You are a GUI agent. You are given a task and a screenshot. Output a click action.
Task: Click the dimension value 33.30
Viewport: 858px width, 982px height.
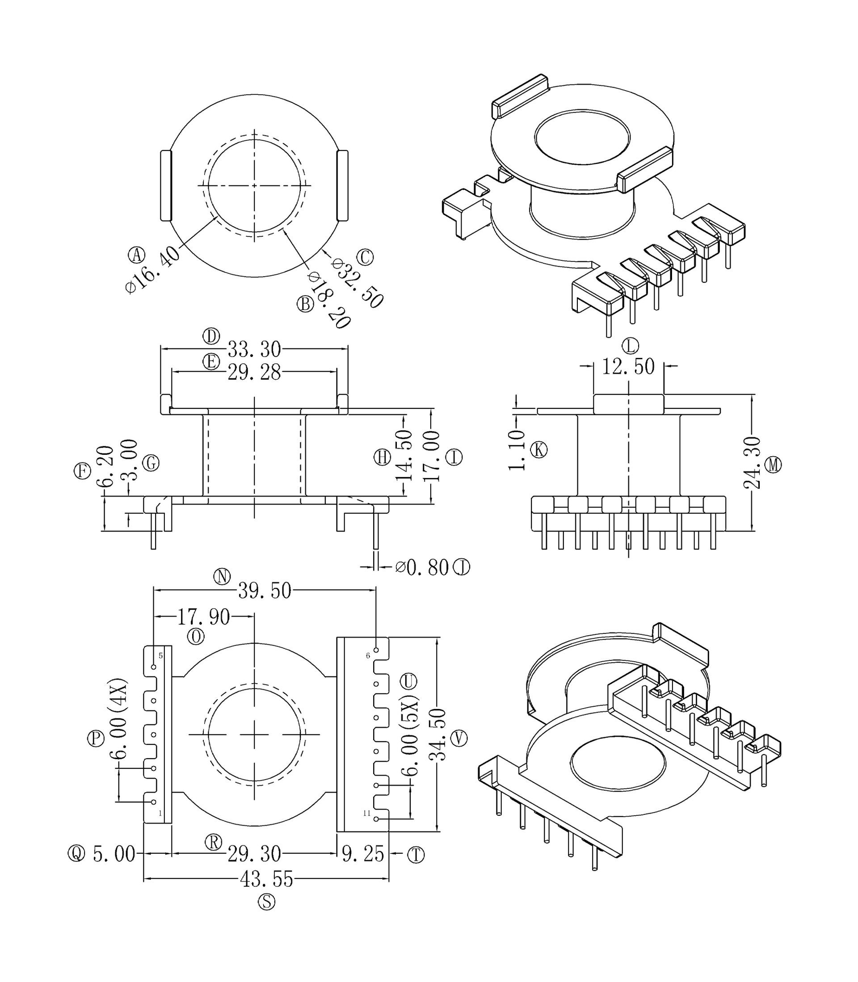(254, 349)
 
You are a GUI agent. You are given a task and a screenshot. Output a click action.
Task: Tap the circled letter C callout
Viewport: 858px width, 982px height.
(365, 257)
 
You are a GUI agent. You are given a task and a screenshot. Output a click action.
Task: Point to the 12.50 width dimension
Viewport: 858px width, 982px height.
(628, 367)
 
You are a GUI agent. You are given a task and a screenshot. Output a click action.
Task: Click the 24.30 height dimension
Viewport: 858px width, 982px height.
(752, 462)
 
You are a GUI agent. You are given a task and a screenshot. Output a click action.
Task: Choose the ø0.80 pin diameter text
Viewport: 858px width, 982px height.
(422, 568)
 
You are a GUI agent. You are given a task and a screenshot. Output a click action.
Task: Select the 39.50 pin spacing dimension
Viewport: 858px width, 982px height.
(265, 591)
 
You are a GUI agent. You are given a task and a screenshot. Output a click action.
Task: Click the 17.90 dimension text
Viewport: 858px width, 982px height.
(203, 617)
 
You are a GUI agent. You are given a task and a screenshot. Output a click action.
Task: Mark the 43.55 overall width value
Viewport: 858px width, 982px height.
(266, 880)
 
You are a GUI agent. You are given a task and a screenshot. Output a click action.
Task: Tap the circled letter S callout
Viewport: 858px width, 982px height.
(267, 902)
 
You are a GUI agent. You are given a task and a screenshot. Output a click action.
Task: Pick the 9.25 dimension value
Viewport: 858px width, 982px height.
(363, 854)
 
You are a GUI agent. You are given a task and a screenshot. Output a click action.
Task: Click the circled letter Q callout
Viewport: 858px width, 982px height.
(76, 853)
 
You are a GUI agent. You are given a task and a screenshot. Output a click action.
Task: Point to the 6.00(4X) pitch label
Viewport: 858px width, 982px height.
(119, 719)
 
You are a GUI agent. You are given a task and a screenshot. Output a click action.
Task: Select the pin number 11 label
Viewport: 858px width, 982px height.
(367, 814)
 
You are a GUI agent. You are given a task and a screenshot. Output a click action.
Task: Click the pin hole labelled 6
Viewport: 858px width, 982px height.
(376, 650)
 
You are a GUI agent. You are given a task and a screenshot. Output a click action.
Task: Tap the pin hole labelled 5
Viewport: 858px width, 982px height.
(154, 667)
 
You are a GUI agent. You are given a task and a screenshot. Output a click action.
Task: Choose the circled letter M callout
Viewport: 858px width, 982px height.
(773, 465)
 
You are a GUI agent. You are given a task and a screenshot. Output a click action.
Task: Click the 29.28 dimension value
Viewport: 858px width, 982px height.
(254, 372)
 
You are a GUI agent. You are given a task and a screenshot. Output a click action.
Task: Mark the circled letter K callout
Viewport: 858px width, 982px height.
(539, 450)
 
